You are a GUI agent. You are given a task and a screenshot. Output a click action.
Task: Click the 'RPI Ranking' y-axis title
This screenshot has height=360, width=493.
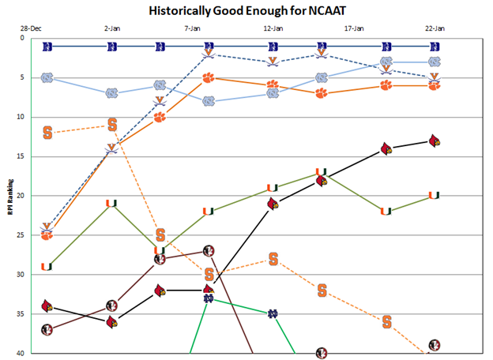tap(9, 195)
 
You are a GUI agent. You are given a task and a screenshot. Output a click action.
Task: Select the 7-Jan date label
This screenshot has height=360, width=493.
tap(193, 28)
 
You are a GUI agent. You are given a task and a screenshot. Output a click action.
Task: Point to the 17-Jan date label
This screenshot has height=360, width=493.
tap(354, 28)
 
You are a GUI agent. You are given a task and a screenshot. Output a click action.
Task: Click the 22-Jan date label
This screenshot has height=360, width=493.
tap(435, 28)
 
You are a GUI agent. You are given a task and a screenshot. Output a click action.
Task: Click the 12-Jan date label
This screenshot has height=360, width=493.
tap(273, 28)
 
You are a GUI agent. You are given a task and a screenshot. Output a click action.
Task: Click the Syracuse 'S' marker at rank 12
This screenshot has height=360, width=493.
tap(47, 133)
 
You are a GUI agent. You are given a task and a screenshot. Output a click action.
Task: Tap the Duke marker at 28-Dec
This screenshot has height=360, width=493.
tap(47, 47)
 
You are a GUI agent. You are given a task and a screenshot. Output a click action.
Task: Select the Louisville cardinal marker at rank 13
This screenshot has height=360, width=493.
tap(434, 141)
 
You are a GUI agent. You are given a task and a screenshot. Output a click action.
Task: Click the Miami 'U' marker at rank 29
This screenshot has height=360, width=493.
tap(47, 266)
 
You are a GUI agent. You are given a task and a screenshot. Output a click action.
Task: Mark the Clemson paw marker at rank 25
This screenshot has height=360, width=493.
tap(47, 234)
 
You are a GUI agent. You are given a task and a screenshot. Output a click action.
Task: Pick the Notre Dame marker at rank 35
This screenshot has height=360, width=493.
tap(273, 313)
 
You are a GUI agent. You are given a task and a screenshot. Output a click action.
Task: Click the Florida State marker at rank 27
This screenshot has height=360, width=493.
tap(209, 251)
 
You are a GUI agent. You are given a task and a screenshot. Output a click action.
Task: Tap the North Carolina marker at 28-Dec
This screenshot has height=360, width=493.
tap(47, 77)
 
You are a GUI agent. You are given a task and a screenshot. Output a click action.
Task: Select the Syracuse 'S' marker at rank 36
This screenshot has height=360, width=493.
tap(387, 321)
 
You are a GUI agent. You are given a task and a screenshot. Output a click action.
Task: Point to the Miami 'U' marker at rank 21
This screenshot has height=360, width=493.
tap(111, 204)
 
